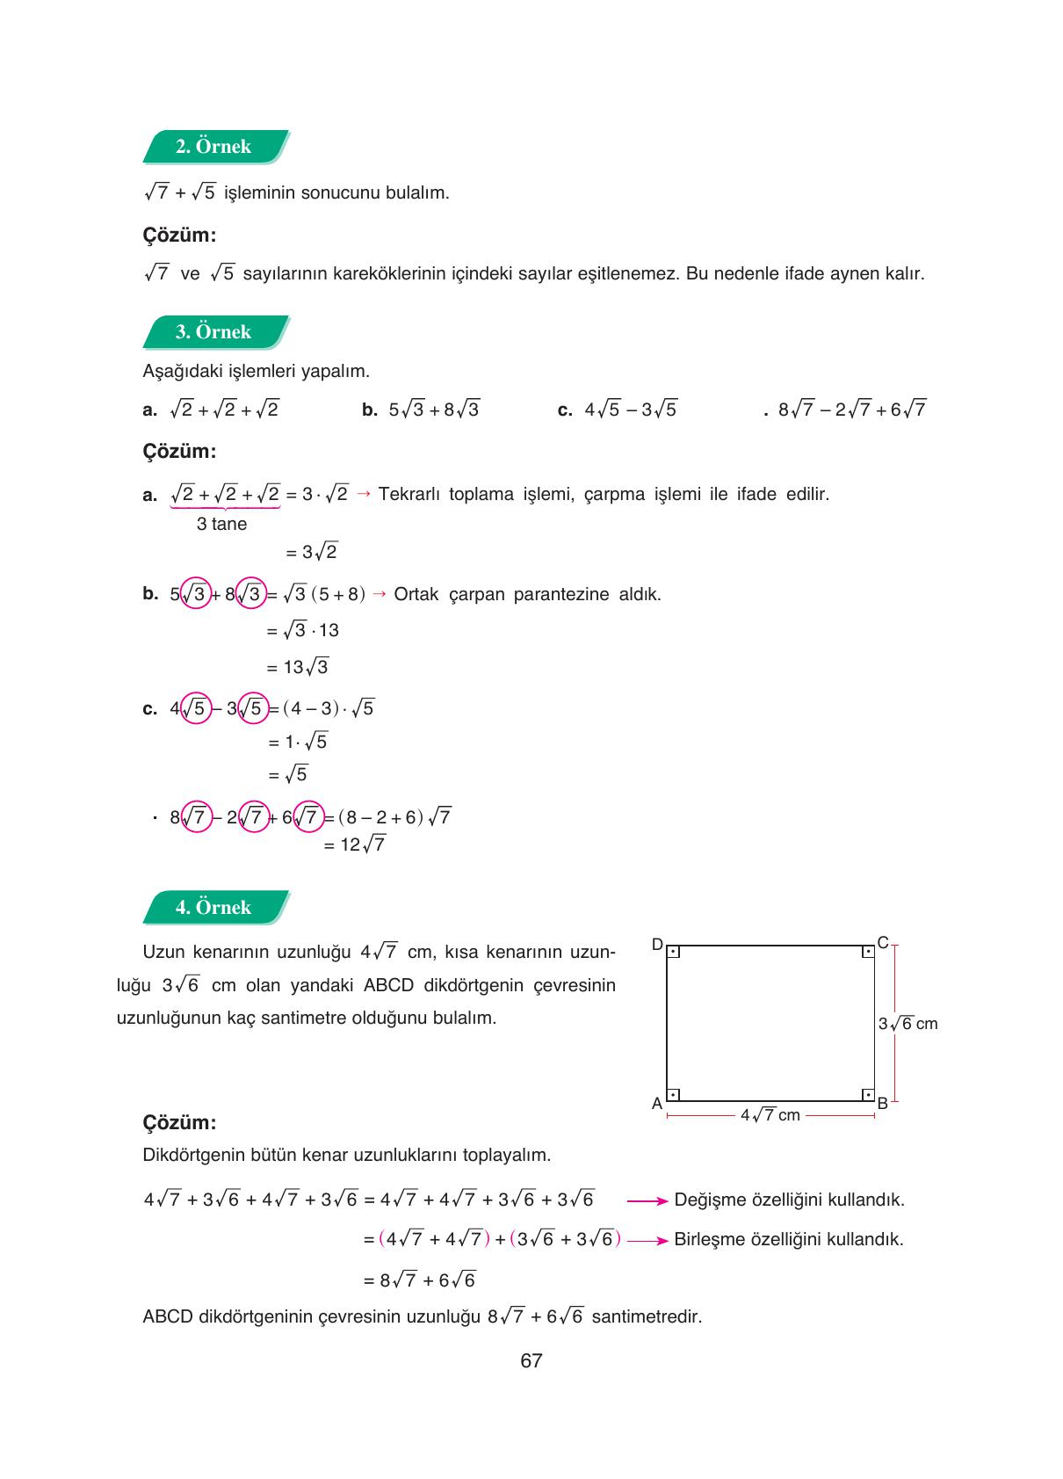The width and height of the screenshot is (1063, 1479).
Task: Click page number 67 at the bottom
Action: (531, 1361)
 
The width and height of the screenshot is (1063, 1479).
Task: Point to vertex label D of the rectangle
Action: (656, 944)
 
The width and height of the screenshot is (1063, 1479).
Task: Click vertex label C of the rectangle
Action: (883, 943)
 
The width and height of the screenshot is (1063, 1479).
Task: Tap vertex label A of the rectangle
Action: (656, 1104)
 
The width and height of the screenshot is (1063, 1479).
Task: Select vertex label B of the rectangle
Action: (883, 1104)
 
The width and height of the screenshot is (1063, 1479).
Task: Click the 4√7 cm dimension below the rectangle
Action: (770, 1115)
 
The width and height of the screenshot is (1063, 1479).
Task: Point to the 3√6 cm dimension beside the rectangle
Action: (908, 1024)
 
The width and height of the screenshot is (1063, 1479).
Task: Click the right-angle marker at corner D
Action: (673, 952)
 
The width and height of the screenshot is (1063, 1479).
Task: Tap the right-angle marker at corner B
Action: (867, 1095)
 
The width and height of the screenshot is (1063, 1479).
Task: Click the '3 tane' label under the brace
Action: (221, 524)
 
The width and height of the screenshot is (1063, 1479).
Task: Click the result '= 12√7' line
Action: (354, 845)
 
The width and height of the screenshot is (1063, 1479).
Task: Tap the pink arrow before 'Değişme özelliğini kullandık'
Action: (648, 1200)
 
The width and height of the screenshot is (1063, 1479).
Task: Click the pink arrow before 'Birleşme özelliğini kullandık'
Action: (648, 1241)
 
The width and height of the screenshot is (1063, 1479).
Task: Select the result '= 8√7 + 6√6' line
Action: (419, 1280)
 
